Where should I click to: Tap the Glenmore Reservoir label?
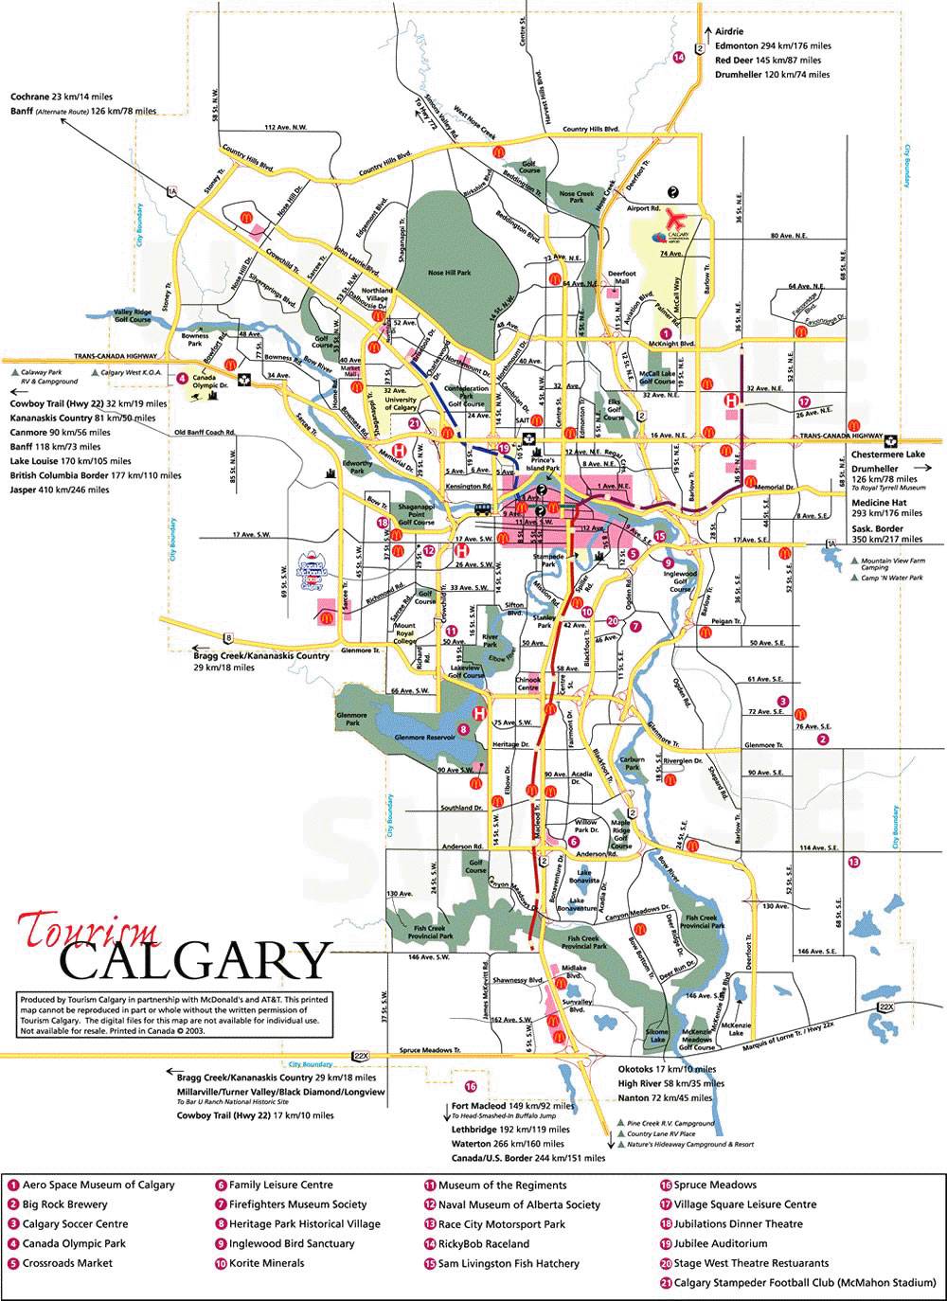(x=425, y=736)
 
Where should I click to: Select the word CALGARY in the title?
(x=195, y=962)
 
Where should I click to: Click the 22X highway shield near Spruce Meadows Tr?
(x=359, y=1055)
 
